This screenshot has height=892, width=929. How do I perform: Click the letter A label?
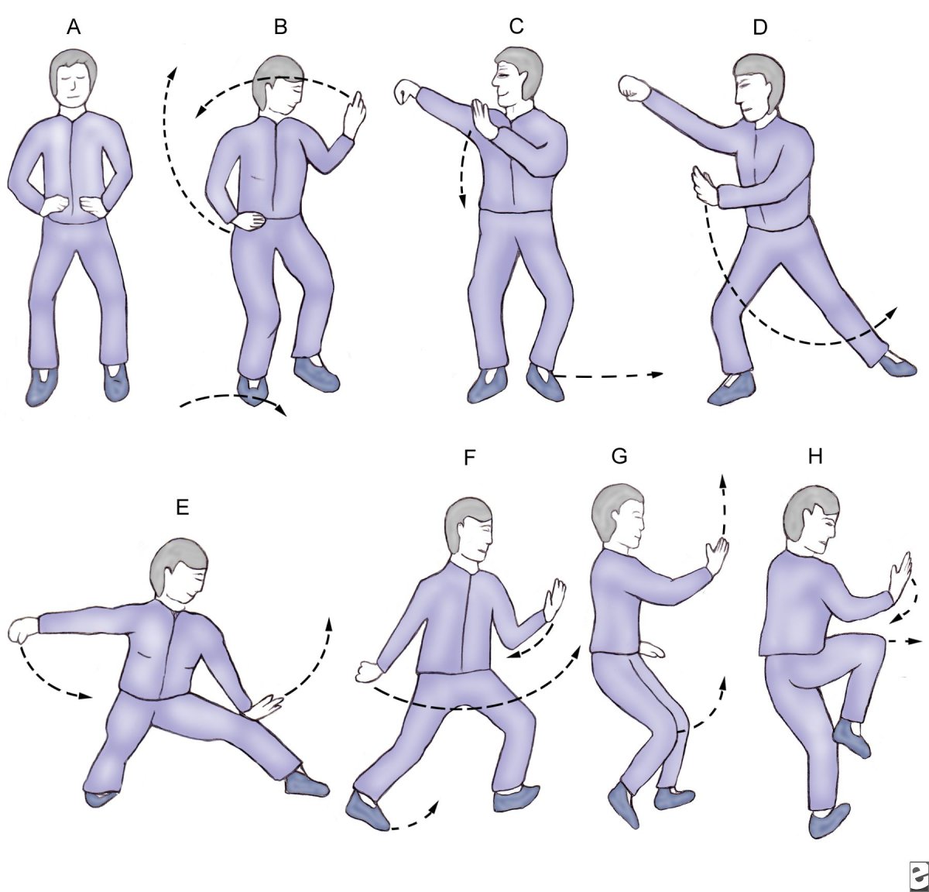tap(74, 27)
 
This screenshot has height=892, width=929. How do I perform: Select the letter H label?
tap(815, 457)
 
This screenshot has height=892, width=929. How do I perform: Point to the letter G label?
tap(619, 457)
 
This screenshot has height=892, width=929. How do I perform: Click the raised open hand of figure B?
tap(355, 115)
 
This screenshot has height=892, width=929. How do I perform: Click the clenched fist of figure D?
tap(633, 87)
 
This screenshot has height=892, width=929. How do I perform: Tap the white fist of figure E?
tap(23, 630)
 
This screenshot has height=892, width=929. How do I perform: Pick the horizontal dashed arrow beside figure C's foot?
tap(609, 376)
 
